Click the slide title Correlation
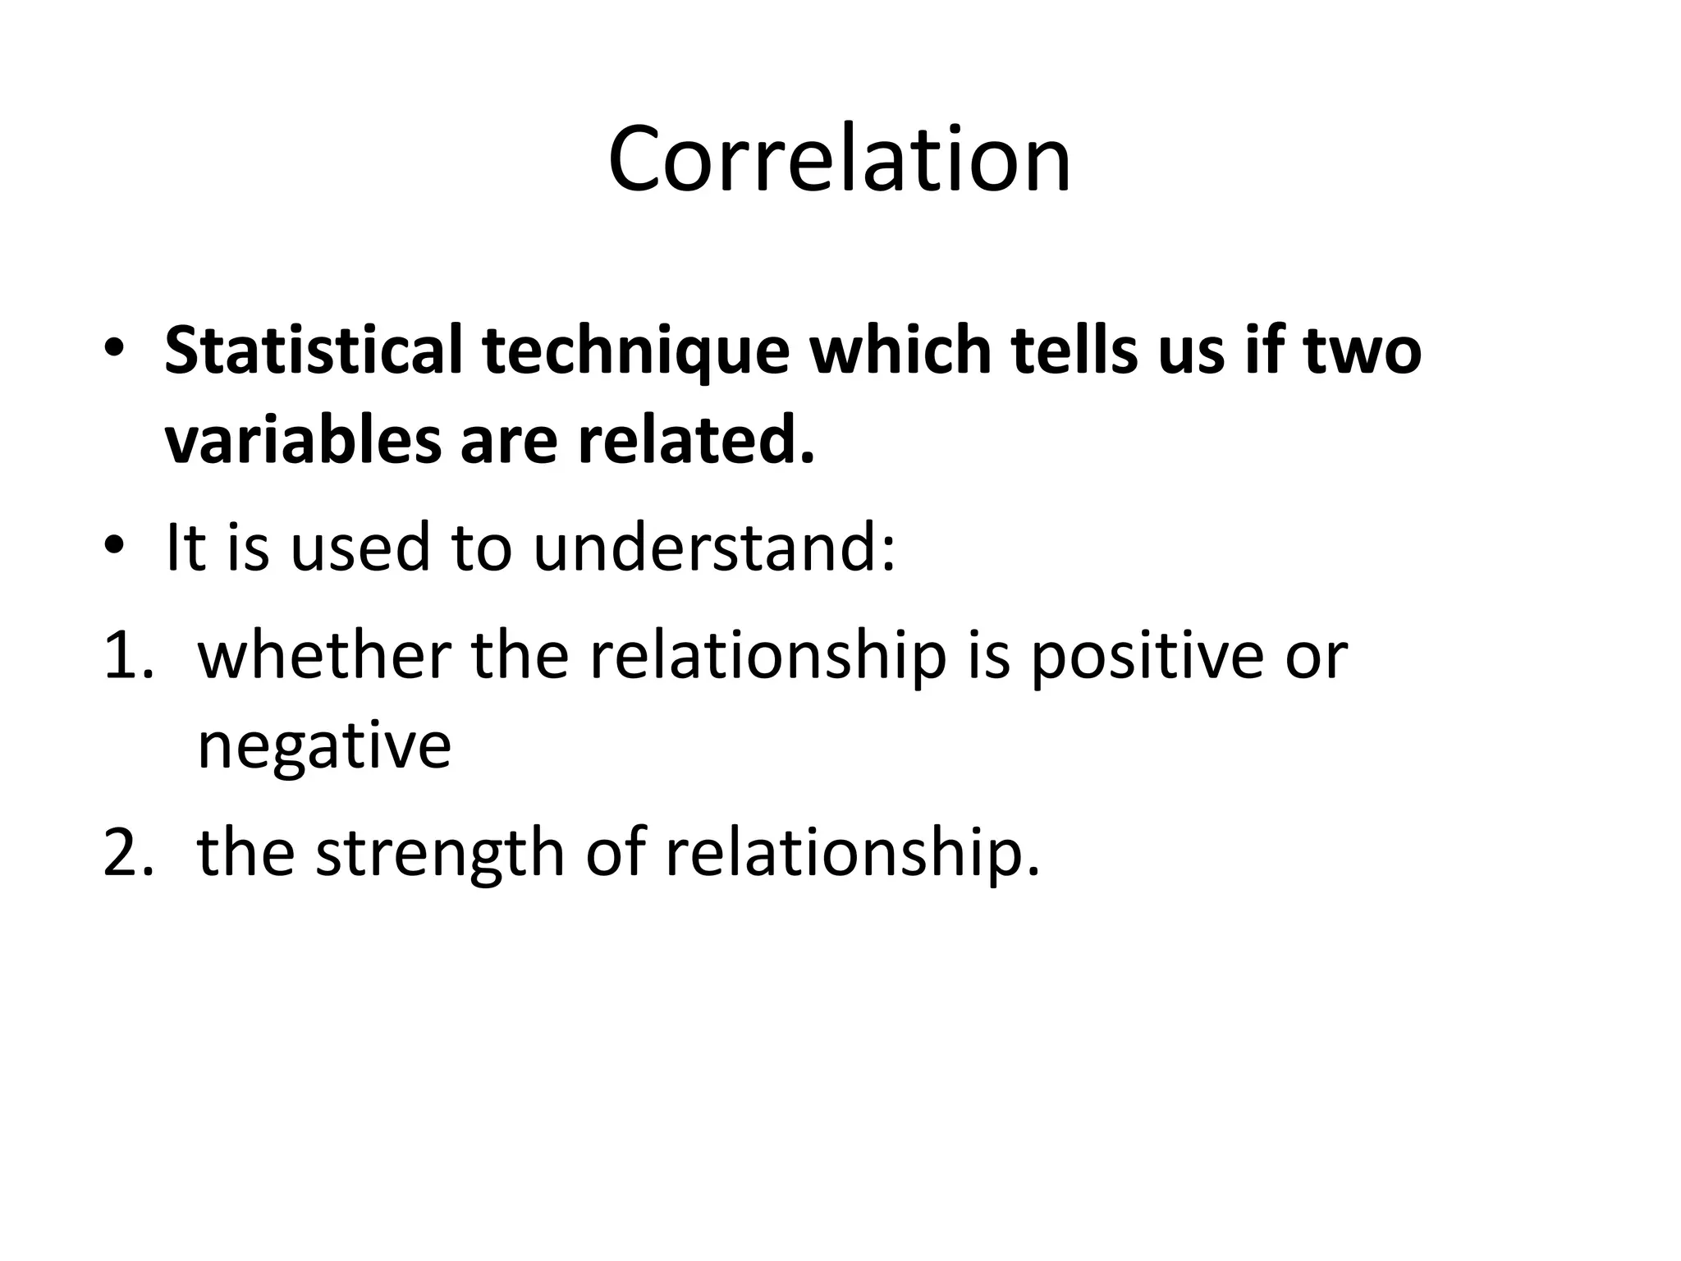click(840, 158)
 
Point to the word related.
click(696, 440)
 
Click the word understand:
click(714, 548)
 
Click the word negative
click(324, 747)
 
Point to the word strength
click(440, 855)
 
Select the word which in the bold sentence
click(900, 351)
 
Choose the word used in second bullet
click(360, 548)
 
